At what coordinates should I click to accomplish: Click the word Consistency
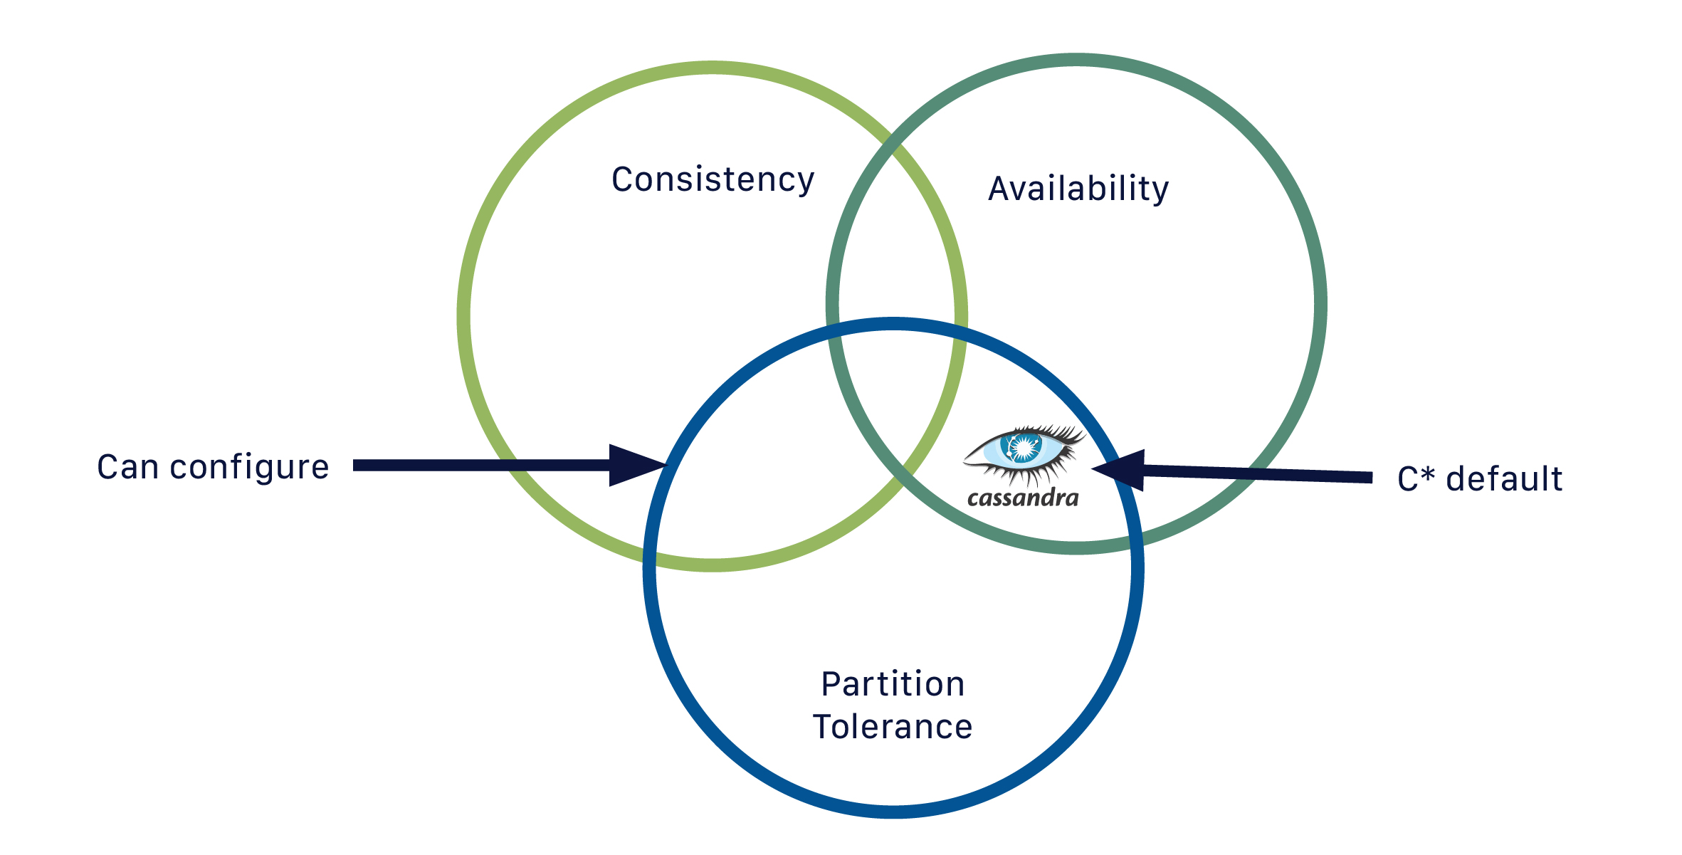tap(713, 179)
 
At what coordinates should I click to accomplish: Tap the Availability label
tap(1078, 189)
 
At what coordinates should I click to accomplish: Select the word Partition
tap(893, 684)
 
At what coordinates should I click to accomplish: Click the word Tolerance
tap(893, 727)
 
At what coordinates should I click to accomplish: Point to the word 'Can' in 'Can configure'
tap(127, 468)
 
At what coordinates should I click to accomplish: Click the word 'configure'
tap(249, 468)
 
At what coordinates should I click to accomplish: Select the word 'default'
tap(1504, 478)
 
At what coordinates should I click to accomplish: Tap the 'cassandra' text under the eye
tap(1023, 497)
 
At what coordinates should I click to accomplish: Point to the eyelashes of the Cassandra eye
tap(1061, 434)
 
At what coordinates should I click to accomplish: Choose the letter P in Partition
tap(831, 684)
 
